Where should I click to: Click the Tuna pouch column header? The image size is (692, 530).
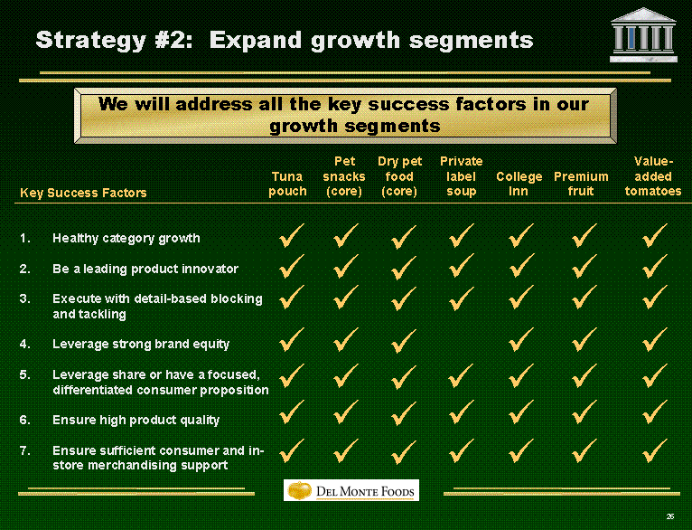tap(287, 184)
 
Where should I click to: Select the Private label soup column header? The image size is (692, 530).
tap(462, 176)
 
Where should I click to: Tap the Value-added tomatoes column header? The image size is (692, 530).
tap(653, 176)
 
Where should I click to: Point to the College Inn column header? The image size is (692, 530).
tap(519, 184)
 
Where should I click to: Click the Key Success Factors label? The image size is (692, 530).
tap(83, 193)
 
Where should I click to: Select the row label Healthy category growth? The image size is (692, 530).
tap(126, 239)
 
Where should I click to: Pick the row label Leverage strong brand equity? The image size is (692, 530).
tap(141, 344)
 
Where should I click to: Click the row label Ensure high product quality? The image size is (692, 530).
tap(136, 420)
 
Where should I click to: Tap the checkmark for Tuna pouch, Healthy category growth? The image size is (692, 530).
tap(291, 236)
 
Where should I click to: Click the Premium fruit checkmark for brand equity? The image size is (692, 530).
tap(584, 340)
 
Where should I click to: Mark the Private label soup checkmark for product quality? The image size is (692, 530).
tap(462, 412)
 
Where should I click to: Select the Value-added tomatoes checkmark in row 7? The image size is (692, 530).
tap(654, 451)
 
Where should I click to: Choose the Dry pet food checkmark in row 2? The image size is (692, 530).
tap(404, 268)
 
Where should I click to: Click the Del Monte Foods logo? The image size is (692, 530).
tap(351, 490)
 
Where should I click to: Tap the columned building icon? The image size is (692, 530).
tap(643, 35)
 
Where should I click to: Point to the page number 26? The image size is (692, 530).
tap(670, 516)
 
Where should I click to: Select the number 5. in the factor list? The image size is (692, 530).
tap(25, 375)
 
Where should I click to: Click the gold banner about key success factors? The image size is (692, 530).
tap(345, 116)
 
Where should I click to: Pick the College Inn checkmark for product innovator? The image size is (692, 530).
tap(520, 266)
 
